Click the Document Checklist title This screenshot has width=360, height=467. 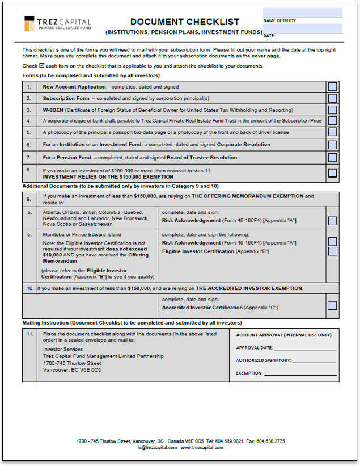coord(184,22)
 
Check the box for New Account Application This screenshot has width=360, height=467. coord(333,87)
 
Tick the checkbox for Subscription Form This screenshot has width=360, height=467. coord(333,99)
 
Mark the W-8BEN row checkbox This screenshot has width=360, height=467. coord(333,110)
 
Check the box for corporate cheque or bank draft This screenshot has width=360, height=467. coord(333,121)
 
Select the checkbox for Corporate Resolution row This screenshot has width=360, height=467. coord(333,145)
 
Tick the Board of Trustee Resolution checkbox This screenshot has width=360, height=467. coord(333,157)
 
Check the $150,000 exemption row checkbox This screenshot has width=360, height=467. coord(333,173)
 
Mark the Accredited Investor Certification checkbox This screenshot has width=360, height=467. coord(333,305)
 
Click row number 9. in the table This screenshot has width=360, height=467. coord(28,199)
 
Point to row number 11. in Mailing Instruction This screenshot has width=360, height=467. coord(30,334)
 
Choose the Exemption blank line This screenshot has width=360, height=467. coord(300,373)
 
